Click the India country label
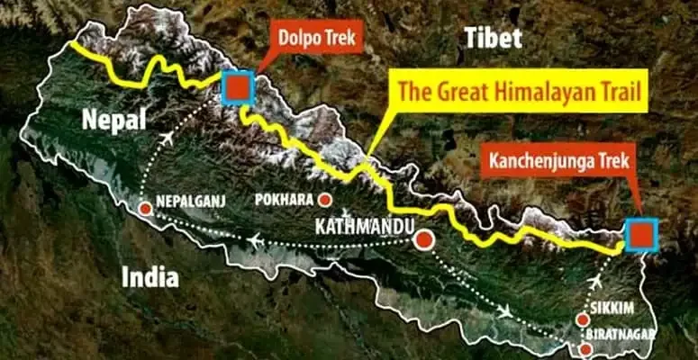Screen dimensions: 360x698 coord(150,277)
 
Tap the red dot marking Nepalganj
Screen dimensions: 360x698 coord(145,209)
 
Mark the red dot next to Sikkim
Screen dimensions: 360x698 coord(582,319)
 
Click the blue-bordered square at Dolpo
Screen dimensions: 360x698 coord(238,86)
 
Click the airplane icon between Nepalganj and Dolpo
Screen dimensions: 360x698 coord(168,138)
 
